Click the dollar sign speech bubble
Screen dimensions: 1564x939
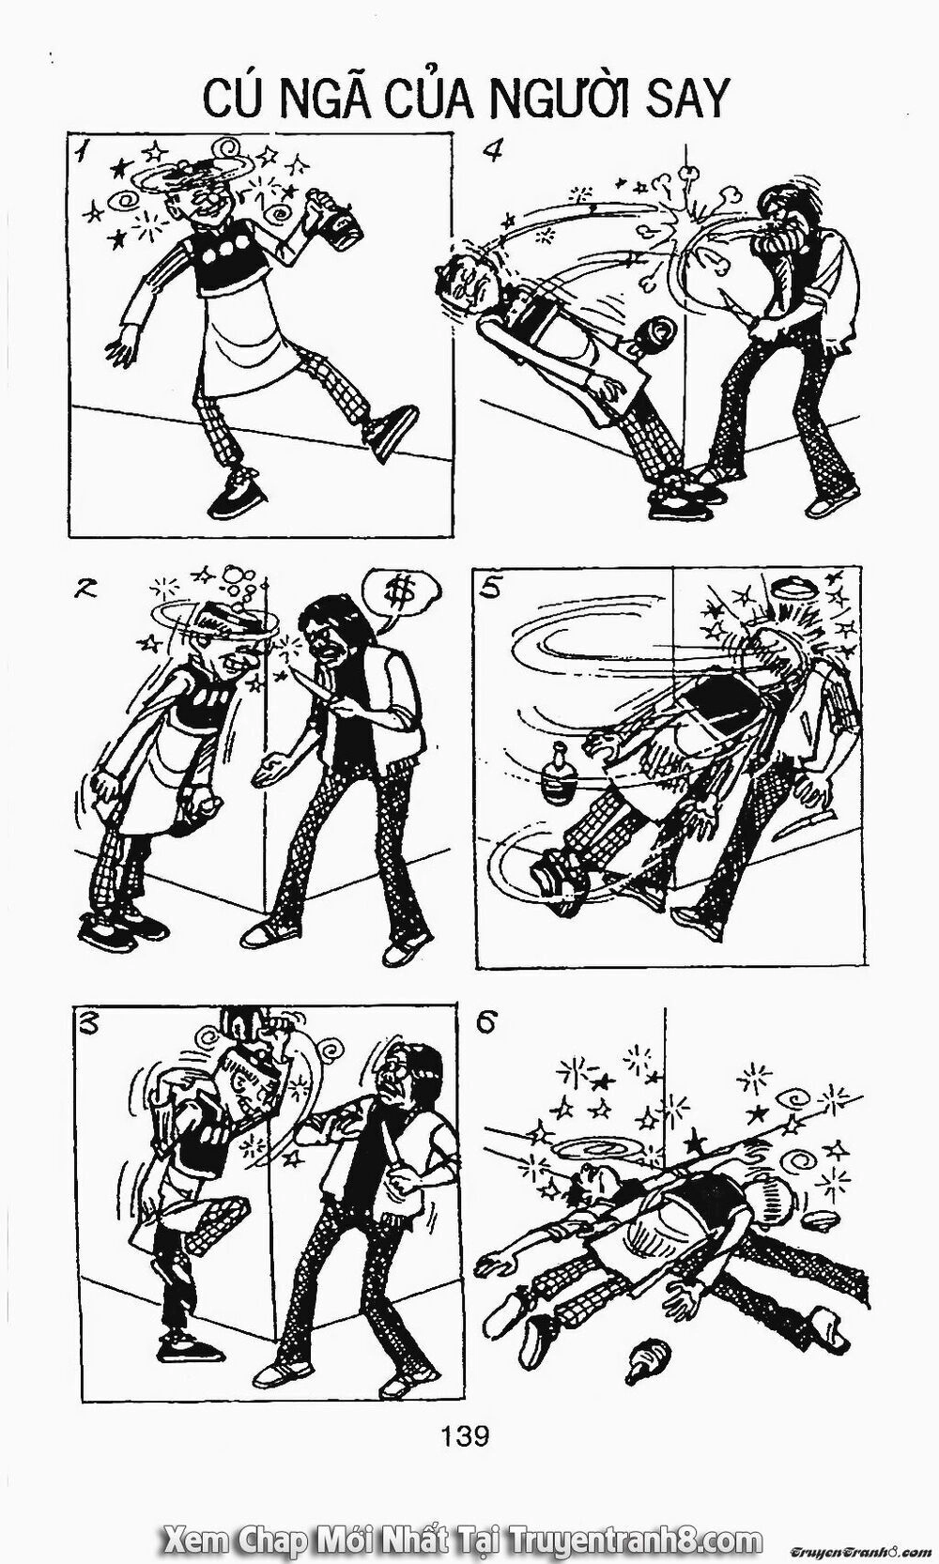[x=398, y=590]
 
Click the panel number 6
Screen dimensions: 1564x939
[x=486, y=1024]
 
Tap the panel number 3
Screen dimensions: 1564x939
[x=86, y=1025]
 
